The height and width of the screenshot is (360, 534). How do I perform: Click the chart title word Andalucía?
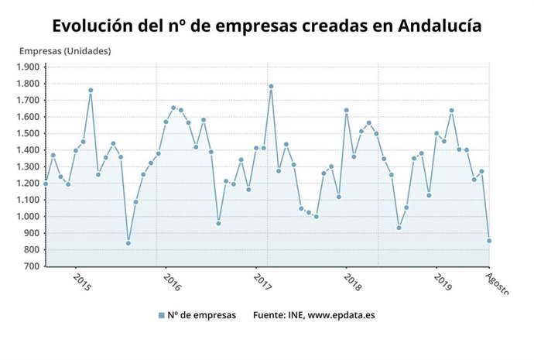[x=440, y=26]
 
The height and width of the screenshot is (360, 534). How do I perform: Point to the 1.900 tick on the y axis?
[x=27, y=67]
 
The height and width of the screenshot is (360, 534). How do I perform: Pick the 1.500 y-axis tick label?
[x=27, y=133]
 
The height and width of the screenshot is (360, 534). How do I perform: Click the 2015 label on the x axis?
[x=80, y=281]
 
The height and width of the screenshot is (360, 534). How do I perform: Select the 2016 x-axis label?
[x=170, y=281]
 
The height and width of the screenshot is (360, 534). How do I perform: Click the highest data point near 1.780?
[x=271, y=86]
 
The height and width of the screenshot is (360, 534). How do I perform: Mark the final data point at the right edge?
[x=489, y=241]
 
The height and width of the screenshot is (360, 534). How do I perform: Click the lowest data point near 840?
[x=128, y=243]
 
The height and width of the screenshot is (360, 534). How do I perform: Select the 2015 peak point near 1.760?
[x=91, y=90]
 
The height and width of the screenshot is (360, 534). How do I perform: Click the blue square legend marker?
[x=161, y=315]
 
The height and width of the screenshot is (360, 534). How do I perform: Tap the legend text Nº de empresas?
[x=202, y=315]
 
